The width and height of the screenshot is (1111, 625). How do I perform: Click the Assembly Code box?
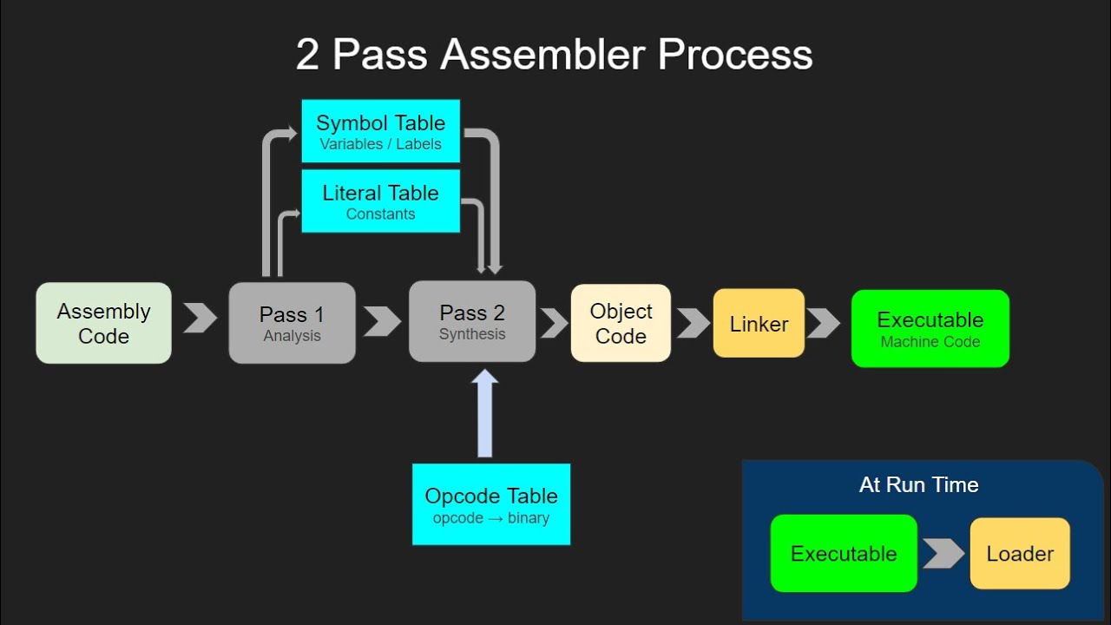[103, 323]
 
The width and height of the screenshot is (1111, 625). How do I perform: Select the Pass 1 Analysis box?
[292, 323]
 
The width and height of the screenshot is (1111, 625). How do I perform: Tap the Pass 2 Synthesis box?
[472, 321]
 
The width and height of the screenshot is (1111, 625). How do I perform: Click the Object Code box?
[621, 323]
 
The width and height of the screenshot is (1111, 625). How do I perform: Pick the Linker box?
[759, 323]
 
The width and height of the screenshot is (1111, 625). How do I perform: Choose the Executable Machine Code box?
[930, 329]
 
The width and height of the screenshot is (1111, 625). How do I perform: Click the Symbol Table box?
[380, 131]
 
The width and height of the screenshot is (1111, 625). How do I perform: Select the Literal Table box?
[380, 201]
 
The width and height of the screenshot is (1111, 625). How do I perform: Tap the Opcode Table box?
[490, 504]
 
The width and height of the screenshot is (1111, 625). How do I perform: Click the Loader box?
[1020, 554]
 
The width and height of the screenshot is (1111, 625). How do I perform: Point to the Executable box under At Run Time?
[844, 554]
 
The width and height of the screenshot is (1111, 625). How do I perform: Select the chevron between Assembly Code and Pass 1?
[201, 318]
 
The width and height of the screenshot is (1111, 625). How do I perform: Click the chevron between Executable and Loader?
[943, 554]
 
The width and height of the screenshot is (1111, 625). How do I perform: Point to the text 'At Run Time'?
[918, 485]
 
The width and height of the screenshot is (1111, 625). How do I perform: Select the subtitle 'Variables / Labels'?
[380, 144]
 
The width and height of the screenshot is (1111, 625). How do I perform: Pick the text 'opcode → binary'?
[490, 518]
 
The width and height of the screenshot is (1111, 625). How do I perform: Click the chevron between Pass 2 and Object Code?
[554, 323]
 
